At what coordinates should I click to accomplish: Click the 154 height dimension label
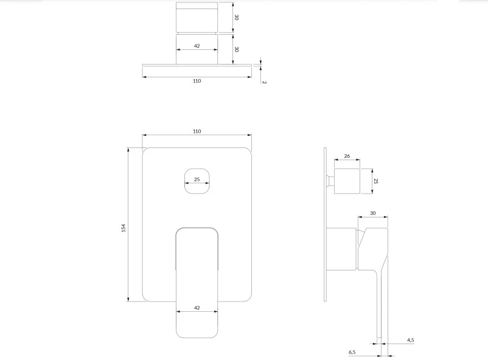[x=124, y=228]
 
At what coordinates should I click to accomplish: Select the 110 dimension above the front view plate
[x=197, y=132]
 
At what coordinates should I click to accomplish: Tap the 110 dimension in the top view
[x=197, y=81]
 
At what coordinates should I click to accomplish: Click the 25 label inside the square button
[x=197, y=180]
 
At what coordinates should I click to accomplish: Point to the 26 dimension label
[x=347, y=156]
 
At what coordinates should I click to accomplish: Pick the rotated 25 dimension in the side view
[x=376, y=181]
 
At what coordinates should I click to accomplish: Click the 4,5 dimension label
[x=411, y=340]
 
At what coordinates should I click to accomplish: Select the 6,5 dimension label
[x=352, y=352]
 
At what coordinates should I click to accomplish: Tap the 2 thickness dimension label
[x=264, y=82]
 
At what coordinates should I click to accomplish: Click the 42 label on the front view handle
[x=197, y=308]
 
